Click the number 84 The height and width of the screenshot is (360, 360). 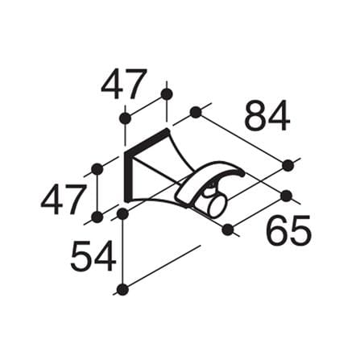[x=267, y=116]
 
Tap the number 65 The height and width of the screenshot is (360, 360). [x=290, y=231]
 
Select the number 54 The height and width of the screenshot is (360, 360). [x=93, y=256]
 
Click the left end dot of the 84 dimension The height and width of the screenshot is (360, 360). [x=196, y=112]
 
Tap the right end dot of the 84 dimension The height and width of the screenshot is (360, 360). [x=288, y=165]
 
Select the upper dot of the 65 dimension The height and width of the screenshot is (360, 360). [x=287, y=196]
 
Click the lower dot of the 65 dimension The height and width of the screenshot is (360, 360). [x=228, y=230]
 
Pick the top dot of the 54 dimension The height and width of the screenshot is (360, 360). [x=122, y=213]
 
